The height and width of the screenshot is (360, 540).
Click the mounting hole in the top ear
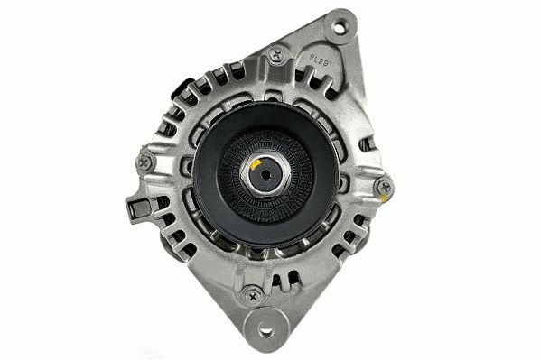point(340,28)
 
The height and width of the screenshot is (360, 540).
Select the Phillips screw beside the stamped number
point(277,55)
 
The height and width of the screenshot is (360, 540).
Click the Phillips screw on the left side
point(144,162)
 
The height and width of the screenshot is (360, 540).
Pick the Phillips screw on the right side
point(384,188)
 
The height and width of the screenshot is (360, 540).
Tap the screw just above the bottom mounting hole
point(252,294)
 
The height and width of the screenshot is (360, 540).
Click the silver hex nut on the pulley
point(265,176)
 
